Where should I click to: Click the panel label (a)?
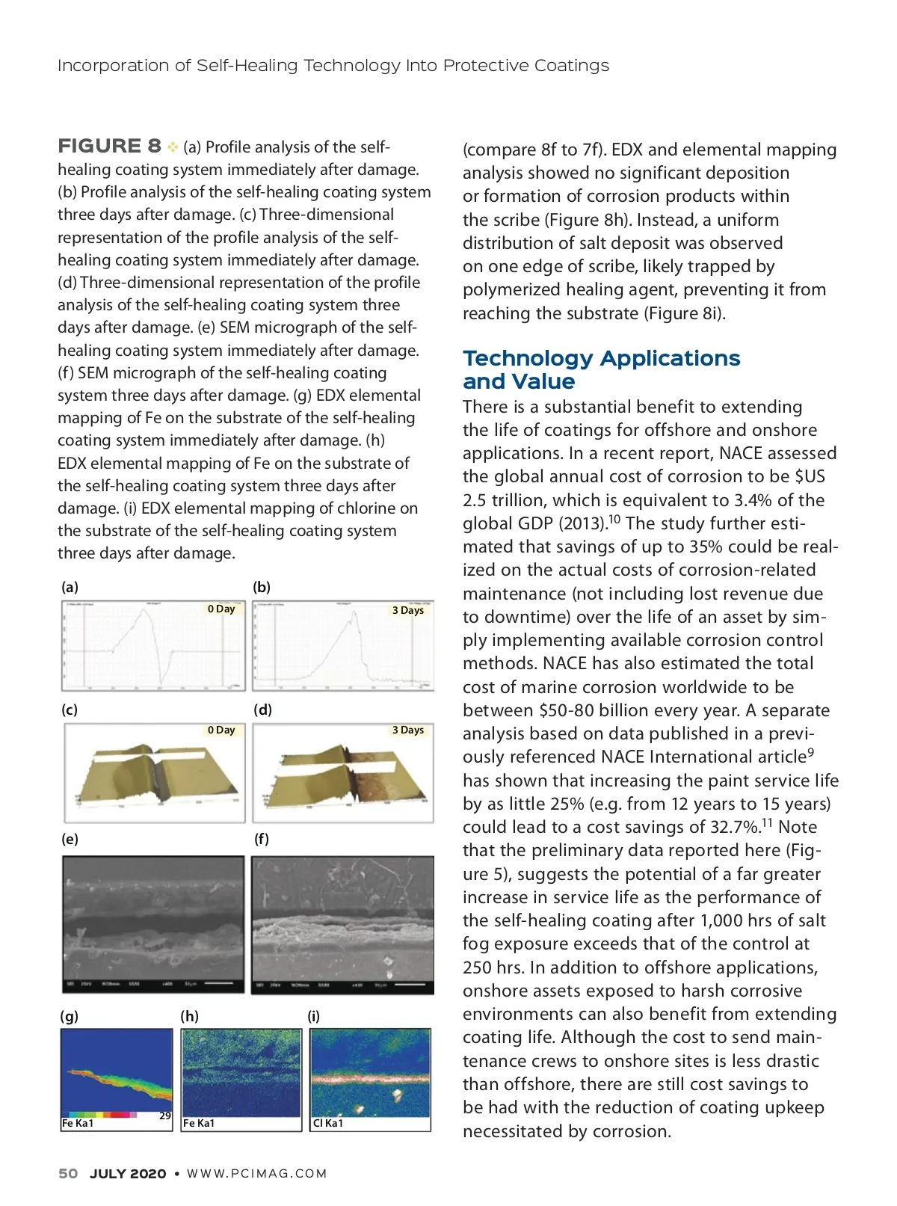coord(70,587)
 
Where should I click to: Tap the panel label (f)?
coord(261,839)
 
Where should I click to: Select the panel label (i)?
coord(313,1015)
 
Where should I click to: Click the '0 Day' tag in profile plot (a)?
coord(221,609)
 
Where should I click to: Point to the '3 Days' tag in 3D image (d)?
coord(408,730)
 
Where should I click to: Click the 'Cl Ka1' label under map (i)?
coord(328,1123)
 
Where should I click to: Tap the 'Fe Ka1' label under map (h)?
coord(199,1123)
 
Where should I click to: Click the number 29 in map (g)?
coord(165,1116)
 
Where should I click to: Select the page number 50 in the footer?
coord(68,1173)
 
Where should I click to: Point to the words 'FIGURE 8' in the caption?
coord(109,146)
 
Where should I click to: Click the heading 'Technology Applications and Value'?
coord(601,369)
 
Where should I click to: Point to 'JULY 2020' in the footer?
coord(128,1173)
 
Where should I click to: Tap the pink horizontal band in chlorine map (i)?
coord(370,1079)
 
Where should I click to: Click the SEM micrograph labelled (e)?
coord(153,924)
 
